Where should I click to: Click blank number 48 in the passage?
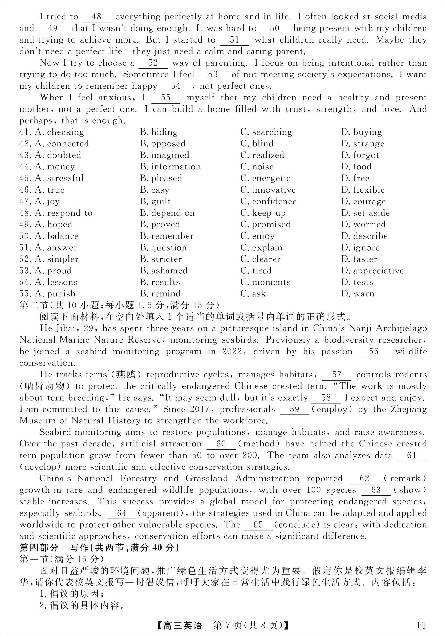pos(96,17)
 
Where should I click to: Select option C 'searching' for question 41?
pos(266,132)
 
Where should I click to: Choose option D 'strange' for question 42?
pos(363,144)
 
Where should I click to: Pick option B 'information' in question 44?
pos(170,167)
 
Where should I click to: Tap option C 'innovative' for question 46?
pos(268,190)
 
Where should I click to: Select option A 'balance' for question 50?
pos(57,236)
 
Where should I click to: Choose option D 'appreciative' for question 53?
pos(372,271)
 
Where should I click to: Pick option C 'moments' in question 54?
pos(266,282)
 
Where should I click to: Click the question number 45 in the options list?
pos(25,178)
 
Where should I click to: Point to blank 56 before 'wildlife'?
pos(374,352)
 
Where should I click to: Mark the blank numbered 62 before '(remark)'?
pos(364,479)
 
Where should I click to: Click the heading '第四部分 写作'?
pos(99,548)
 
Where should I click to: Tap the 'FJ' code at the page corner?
pos(421,625)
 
